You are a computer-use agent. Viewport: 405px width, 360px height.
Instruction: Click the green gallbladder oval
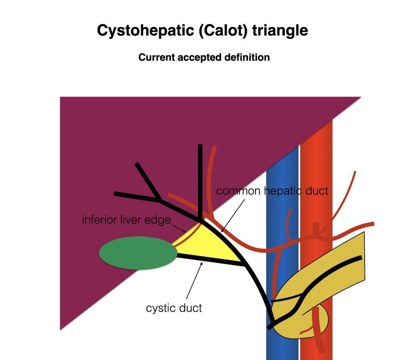(138, 254)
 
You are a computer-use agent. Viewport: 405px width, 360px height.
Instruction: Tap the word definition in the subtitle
(247, 57)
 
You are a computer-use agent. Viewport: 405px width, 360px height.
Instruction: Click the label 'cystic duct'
(174, 308)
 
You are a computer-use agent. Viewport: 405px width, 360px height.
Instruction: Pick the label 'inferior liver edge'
(127, 220)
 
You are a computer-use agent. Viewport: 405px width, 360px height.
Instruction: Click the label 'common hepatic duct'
(272, 191)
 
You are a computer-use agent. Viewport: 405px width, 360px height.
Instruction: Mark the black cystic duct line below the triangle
(210, 261)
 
